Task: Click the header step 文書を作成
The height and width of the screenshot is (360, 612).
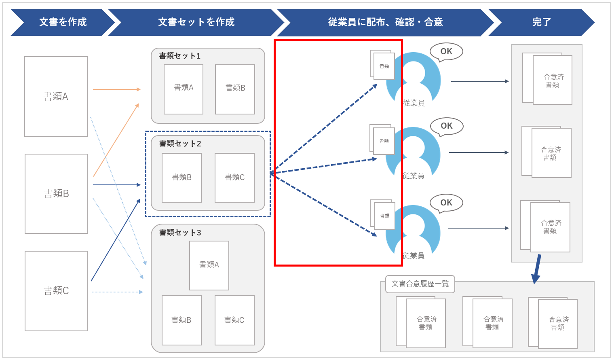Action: tap(63, 22)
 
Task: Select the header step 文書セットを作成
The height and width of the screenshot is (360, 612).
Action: tap(196, 22)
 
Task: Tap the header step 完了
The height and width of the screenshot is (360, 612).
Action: tap(541, 22)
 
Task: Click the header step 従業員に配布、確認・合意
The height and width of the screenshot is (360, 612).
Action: tap(385, 22)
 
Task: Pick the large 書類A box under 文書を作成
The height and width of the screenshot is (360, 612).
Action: tap(56, 96)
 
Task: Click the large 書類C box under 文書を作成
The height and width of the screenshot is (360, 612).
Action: tap(56, 290)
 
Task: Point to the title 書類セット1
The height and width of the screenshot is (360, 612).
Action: tap(179, 56)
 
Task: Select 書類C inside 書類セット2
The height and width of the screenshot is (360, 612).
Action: tap(234, 177)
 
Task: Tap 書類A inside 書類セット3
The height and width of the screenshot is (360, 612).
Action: tap(209, 265)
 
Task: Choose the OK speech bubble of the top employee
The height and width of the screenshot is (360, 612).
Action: tap(446, 51)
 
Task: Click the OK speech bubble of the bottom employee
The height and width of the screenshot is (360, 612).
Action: tap(446, 203)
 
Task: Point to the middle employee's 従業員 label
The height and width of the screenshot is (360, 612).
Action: tap(414, 176)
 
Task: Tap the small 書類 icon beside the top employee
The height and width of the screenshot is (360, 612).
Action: tap(384, 66)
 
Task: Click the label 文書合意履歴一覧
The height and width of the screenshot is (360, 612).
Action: tap(420, 284)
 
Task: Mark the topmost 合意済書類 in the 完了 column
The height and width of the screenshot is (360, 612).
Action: tap(552, 80)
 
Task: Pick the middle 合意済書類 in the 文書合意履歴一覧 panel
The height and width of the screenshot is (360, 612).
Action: tap(492, 323)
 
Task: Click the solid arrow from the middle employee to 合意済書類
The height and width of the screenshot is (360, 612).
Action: tap(479, 152)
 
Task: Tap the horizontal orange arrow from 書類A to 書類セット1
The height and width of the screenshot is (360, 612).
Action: tap(116, 89)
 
